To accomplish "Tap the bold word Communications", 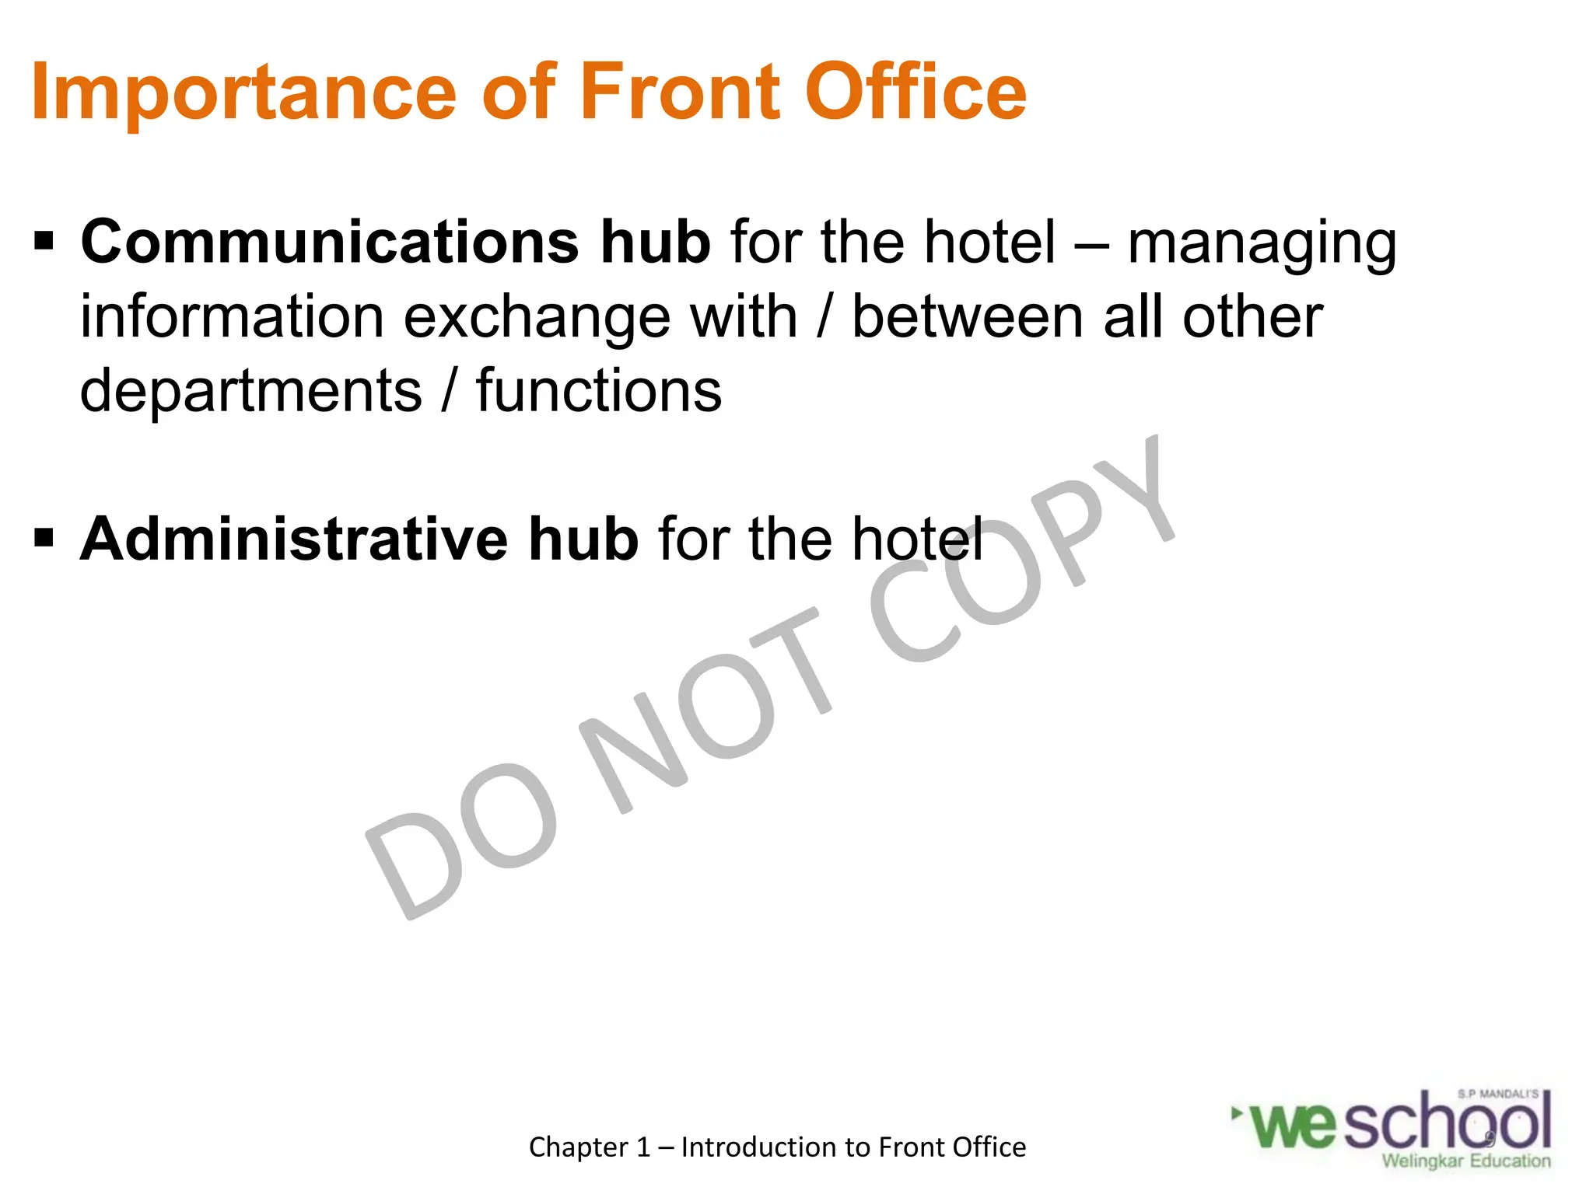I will tap(330, 241).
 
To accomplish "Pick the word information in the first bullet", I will tap(232, 317).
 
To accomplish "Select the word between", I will tap(968, 317).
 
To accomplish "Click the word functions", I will tap(599, 390).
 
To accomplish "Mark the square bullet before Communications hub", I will tap(44, 241).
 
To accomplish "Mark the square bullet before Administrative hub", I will tap(44, 538).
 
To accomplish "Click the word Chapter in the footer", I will tap(579, 1147).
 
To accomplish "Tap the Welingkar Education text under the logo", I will tap(1465, 1161).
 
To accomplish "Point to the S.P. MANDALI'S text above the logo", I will tap(1497, 1094).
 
